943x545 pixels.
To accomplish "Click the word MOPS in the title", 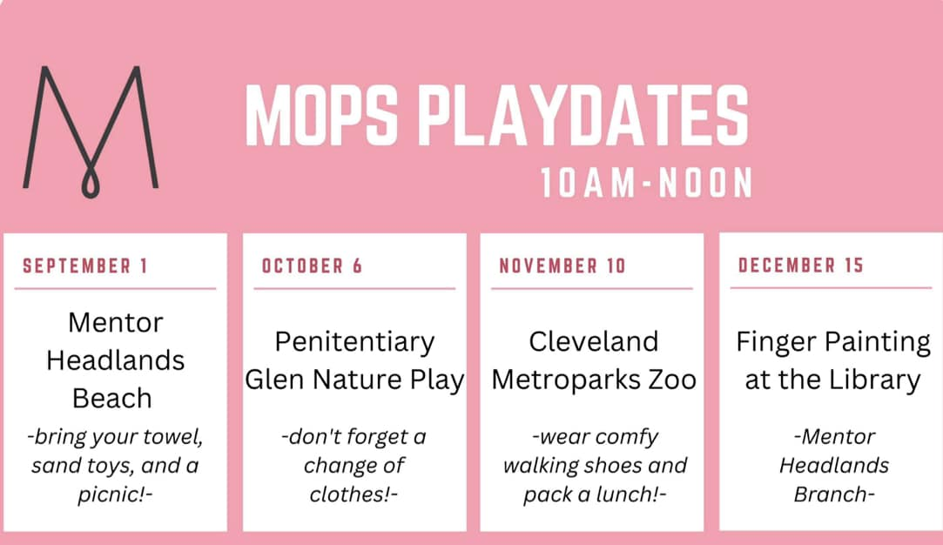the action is [322, 115].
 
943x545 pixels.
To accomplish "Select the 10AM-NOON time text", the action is [646, 182].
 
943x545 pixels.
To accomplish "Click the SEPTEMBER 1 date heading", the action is [84, 266].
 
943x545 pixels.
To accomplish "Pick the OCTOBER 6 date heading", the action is [312, 266].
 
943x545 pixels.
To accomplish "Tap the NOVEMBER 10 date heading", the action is [562, 266].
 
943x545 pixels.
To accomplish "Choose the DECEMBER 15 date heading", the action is [800, 266].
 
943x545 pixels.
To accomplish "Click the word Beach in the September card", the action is [111, 398].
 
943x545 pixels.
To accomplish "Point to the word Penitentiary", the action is [355, 342].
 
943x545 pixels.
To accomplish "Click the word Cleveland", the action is [594, 341].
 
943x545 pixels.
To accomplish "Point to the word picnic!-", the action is [115, 495].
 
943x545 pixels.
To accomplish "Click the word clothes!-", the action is [354, 495].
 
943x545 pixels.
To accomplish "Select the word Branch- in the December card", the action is [834, 495].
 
